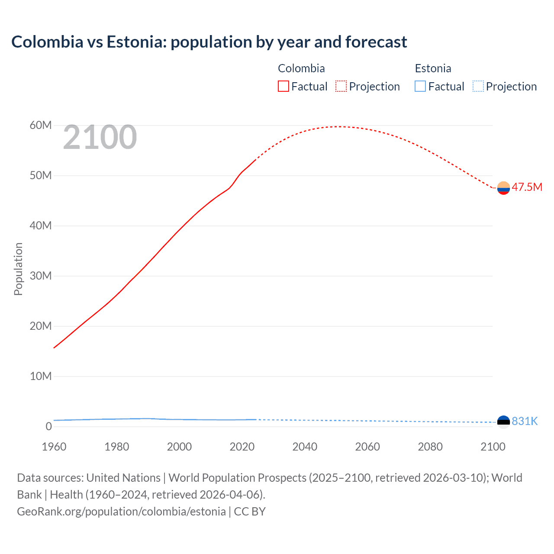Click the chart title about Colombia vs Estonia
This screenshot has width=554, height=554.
[209, 42]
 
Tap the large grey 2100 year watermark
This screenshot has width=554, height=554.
[100, 137]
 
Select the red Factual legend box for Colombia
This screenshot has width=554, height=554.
[283, 86]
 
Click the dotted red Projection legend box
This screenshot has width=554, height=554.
[341, 86]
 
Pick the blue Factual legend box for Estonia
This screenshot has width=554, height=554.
[420, 86]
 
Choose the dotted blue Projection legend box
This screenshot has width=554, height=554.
[478, 86]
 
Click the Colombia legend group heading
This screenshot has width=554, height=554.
[301, 68]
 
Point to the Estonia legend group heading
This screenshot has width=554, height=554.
[433, 68]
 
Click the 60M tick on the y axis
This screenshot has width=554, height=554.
[41, 125]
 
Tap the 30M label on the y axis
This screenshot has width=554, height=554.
[41, 276]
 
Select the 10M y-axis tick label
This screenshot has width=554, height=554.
[41, 376]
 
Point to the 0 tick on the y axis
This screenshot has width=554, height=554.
[48, 426]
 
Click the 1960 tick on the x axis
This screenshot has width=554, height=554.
[54, 447]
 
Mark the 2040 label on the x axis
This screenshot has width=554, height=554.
[305, 447]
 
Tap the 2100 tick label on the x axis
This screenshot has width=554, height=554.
[493, 447]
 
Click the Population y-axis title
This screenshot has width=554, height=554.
[18, 269]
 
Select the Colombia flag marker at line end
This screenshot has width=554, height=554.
[503, 188]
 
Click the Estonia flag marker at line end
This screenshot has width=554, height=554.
[503, 422]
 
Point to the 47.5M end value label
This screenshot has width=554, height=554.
[527, 187]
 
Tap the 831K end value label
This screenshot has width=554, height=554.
[525, 421]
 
